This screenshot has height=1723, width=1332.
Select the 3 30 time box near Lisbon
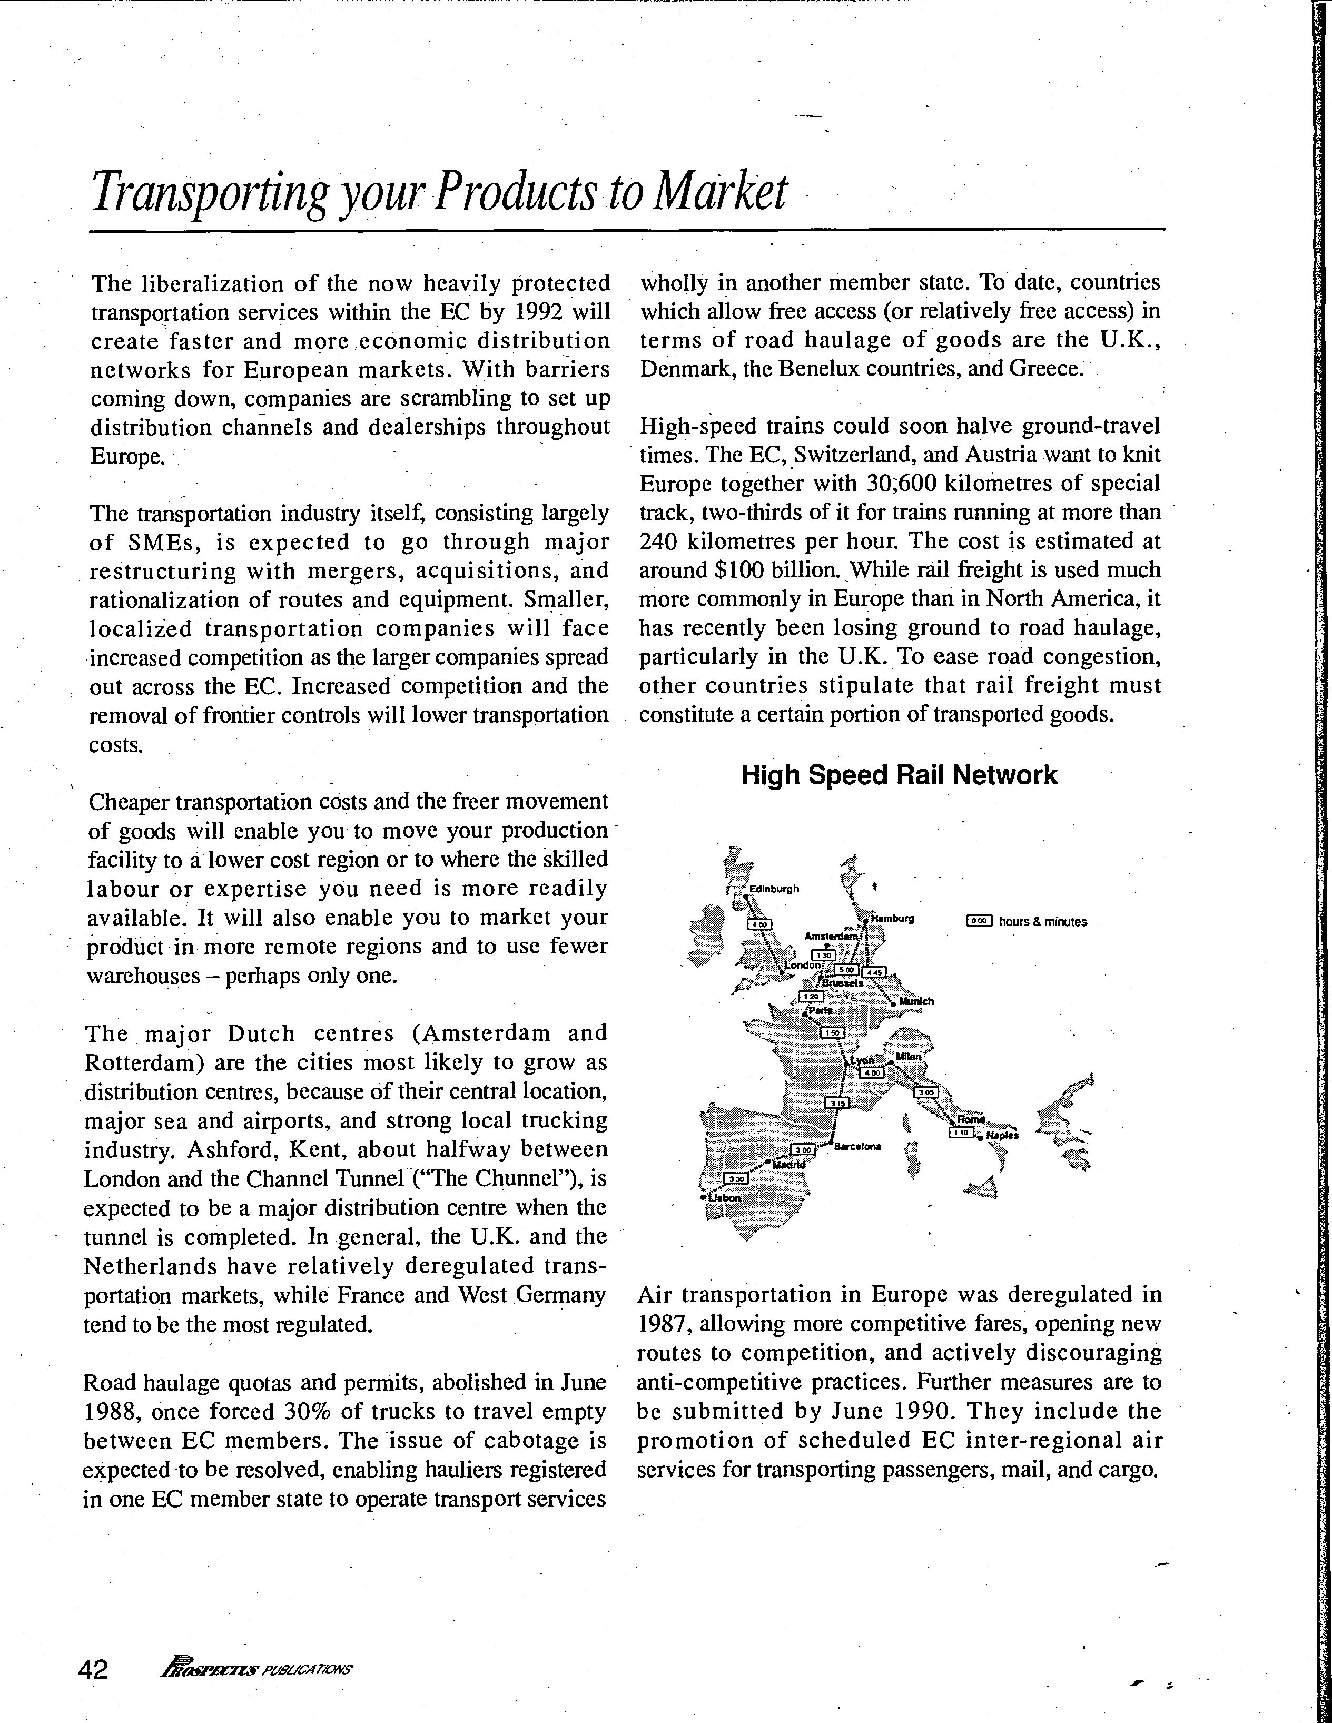pyautogui.click(x=736, y=1179)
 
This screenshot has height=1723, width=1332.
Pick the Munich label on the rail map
pyautogui.click(x=917, y=1001)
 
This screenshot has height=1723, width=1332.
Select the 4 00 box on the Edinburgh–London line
pyautogui.click(x=759, y=924)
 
